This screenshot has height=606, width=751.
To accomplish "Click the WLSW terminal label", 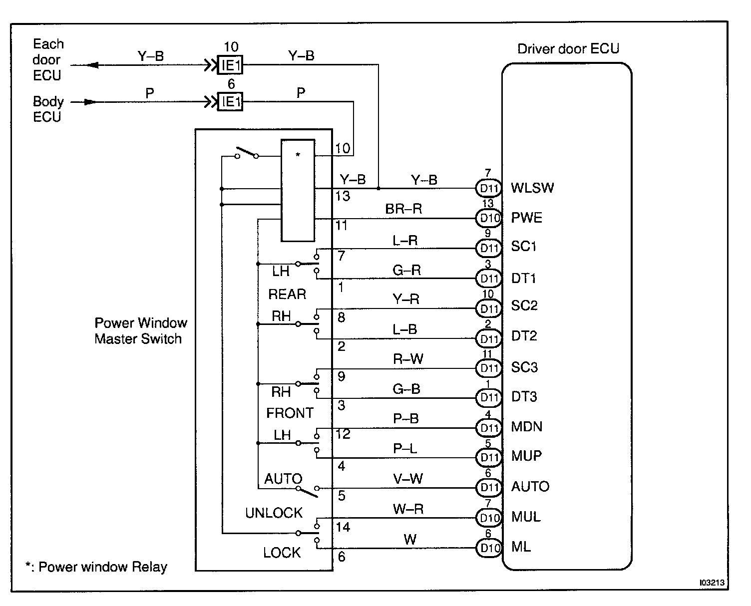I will (532, 188).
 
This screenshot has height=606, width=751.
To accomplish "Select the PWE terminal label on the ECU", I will (526, 218).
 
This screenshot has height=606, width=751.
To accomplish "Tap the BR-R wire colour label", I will (403, 209).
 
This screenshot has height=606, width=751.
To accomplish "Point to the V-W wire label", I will (408, 479).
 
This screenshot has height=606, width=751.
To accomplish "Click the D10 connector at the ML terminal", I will (489, 548).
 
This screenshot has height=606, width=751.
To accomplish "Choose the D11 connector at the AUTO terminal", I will (489, 488).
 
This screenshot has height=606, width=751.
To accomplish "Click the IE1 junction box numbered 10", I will (231, 65).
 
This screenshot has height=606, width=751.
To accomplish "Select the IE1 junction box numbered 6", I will (231, 102).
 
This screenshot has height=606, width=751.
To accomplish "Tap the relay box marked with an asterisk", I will (298, 191).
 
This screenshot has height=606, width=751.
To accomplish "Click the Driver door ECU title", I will (568, 49).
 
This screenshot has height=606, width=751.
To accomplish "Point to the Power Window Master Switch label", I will (140, 331).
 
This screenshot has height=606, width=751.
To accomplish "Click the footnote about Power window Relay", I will (96, 567).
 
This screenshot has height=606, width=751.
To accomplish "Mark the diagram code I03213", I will (712, 583).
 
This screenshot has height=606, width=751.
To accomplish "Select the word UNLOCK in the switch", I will (274, 513).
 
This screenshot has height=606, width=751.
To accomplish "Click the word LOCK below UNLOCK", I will (282, 553).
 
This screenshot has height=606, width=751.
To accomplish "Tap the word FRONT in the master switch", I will (290, 413).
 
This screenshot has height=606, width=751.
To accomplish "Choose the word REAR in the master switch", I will (287, 295).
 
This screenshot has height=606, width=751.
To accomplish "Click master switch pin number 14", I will (343, 527).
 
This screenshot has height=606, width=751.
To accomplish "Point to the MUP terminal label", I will (526, 456).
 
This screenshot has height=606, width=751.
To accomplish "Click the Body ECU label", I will (48, 109).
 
